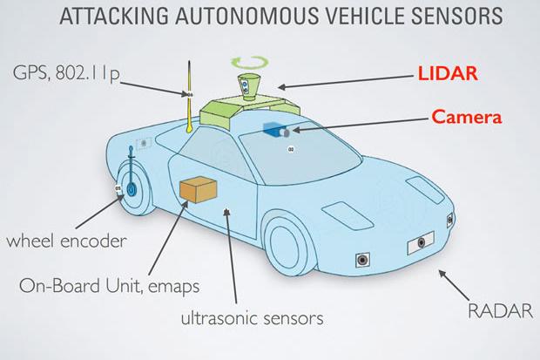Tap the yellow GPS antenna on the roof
pyautogui.click(x=189, y=100)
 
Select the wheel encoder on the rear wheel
pyautogui.click(x=129, y=186)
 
